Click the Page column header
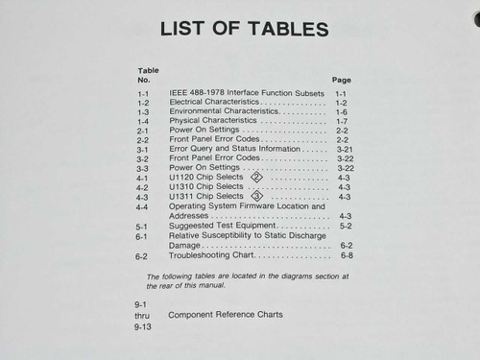click(x=341, y=80)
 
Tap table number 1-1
click(x=143, y=92)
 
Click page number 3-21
click(x=346, y=150)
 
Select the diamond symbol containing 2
click(x=255, y=178)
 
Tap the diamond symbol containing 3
click(x=256, y=196)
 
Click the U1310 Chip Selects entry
click(x=207, y=186)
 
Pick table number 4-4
click(x=142, y=206)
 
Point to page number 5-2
click(x=346, y=226)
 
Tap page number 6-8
click(x=347, y=255)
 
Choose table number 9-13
click(x=143, y=326)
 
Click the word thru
click(x=142, y=315)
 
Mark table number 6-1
click(x=142, y=235)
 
